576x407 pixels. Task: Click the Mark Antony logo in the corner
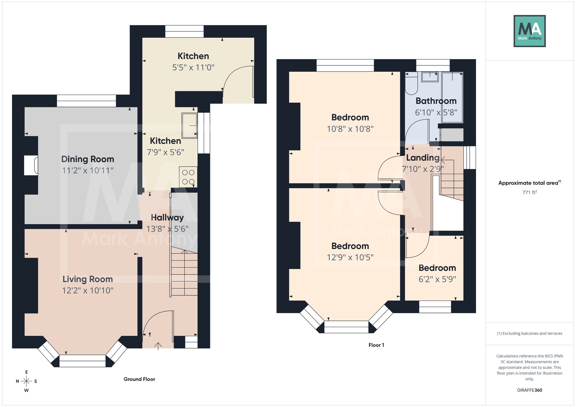[x=530, y=31]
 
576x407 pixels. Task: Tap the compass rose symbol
[x=26, y=381]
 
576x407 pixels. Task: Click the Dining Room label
[x=88, y=159]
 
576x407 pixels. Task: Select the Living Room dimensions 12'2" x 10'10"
[x=88, y=291]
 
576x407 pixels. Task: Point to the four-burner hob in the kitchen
[x=188, y=177]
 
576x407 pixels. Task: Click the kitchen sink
[x=190, y=125]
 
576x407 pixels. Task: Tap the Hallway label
[x=167, y=218]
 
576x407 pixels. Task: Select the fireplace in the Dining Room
[x=31, y=165]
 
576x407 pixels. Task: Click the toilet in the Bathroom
[x=411, y=83]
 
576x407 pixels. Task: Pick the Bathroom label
[x=436, y=101]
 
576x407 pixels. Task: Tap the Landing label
[x=423, y=158]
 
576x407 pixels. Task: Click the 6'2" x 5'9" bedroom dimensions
[x=437, y=279]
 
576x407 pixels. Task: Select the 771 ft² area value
[x=530, y=192]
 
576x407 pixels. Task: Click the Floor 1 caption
[x=376, y=345]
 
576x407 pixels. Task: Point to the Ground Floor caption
[x=139, y=379]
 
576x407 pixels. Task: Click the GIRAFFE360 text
[x=530, y=390]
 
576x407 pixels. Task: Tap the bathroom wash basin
[x=430, y=77]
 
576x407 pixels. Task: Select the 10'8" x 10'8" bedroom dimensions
[x=350, y=129]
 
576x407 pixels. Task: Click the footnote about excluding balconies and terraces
[x=530, y=333]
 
